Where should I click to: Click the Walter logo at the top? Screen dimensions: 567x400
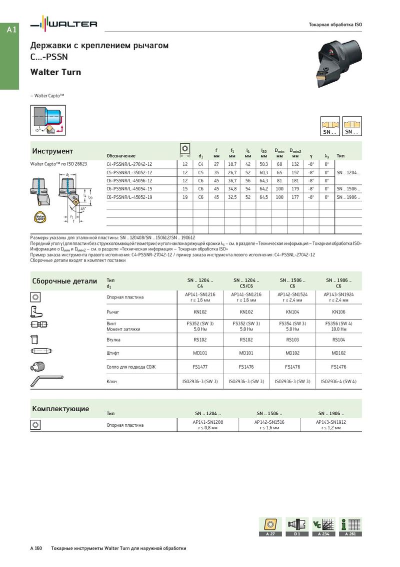coord(63,24)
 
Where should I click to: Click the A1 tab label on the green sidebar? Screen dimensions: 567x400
coord(11,30)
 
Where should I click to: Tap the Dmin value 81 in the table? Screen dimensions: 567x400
coord(279,180)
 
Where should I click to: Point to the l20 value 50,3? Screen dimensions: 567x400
coord(263,164)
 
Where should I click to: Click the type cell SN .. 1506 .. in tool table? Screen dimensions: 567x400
coord(348,189)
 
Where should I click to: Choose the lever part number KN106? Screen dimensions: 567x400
coord(338,311)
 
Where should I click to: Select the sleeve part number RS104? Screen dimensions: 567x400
coord(338,339)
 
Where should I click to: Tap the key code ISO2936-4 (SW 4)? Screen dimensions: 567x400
coord(338,381)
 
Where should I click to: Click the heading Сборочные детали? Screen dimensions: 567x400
coord(64,281)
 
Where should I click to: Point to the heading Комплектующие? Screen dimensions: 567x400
coord(60,409)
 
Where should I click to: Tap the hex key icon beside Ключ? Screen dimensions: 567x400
coord(47,381)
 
